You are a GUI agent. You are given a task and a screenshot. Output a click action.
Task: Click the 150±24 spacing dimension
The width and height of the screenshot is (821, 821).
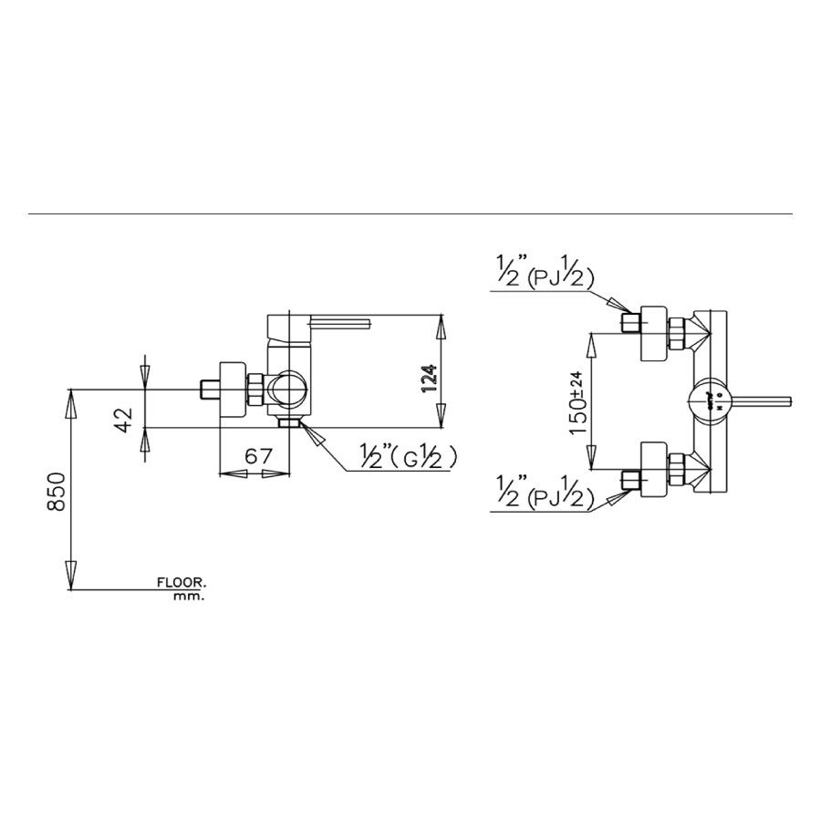point(577,401)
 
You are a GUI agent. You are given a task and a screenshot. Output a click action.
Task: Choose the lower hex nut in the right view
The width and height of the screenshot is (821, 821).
point(677,468)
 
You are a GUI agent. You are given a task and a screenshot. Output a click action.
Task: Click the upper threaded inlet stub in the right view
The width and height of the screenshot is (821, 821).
point(629,323)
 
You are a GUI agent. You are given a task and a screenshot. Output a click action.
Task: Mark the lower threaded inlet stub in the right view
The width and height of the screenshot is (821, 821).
point(629,480)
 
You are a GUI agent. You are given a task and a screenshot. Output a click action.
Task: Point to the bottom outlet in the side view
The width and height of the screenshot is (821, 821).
point(289,422)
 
